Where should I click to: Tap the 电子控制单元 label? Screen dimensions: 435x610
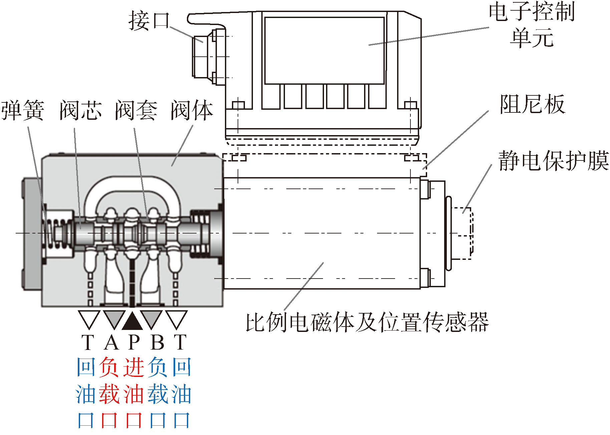(532, 25)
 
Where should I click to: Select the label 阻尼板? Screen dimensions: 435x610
(532, 104)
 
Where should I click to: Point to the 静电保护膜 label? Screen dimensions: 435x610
(553, 161)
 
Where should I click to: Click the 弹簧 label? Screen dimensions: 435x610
(23, 110)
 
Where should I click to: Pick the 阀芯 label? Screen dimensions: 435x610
(81, 110)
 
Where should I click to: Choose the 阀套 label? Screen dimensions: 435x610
(136, 110)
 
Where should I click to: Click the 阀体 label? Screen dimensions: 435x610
(192, 110)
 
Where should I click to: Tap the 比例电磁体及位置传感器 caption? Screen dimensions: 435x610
(367, 322)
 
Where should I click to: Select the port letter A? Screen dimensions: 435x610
(111, 342)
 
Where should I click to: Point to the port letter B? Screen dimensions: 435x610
(158, 342)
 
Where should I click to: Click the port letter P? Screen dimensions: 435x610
(134, 342)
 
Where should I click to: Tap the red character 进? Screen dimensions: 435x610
(134, 367)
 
